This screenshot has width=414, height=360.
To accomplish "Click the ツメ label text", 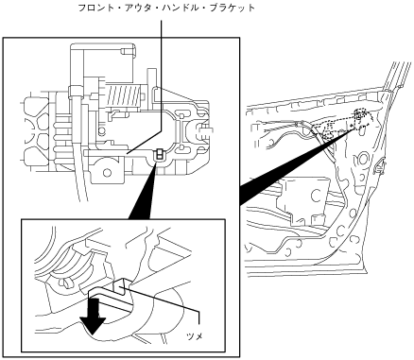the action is point(195,336).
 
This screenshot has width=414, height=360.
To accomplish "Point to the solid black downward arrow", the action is point(93,317).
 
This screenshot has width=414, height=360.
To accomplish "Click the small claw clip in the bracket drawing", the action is point(160,154).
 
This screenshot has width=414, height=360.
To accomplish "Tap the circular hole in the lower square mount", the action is point(108,172).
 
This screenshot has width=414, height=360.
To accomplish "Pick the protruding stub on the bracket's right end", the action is point(205,129).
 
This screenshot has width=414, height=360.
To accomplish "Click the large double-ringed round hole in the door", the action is point(363,158).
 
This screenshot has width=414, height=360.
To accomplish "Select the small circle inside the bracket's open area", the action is point(101,130).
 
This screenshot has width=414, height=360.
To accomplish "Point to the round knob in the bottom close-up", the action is point(65,283).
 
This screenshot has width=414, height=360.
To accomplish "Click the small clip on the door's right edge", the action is point(381,164).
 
